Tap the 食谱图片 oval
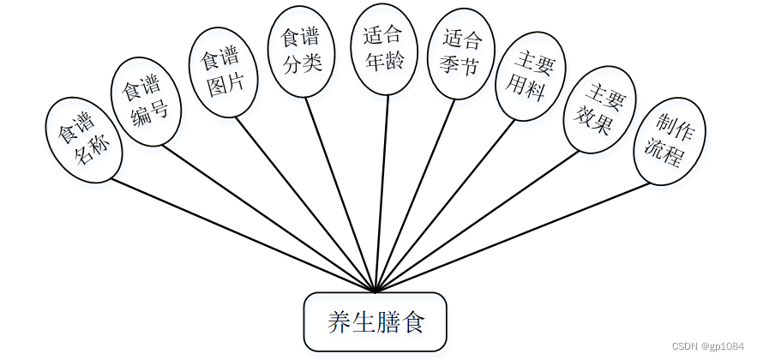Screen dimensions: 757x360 (222, 74)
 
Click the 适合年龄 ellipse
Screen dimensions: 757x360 (383, 50)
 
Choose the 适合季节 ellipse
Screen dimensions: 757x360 (463, 52)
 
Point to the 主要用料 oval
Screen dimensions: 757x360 (532, 75)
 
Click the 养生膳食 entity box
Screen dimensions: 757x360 (375, 322)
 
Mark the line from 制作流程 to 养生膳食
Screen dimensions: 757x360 (514, 236)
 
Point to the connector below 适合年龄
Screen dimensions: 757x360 (382, 193)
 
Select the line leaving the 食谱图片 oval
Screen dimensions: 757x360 (304, 204)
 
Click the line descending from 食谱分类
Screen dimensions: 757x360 (340, 195)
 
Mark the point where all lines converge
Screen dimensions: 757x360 (375, 291)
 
